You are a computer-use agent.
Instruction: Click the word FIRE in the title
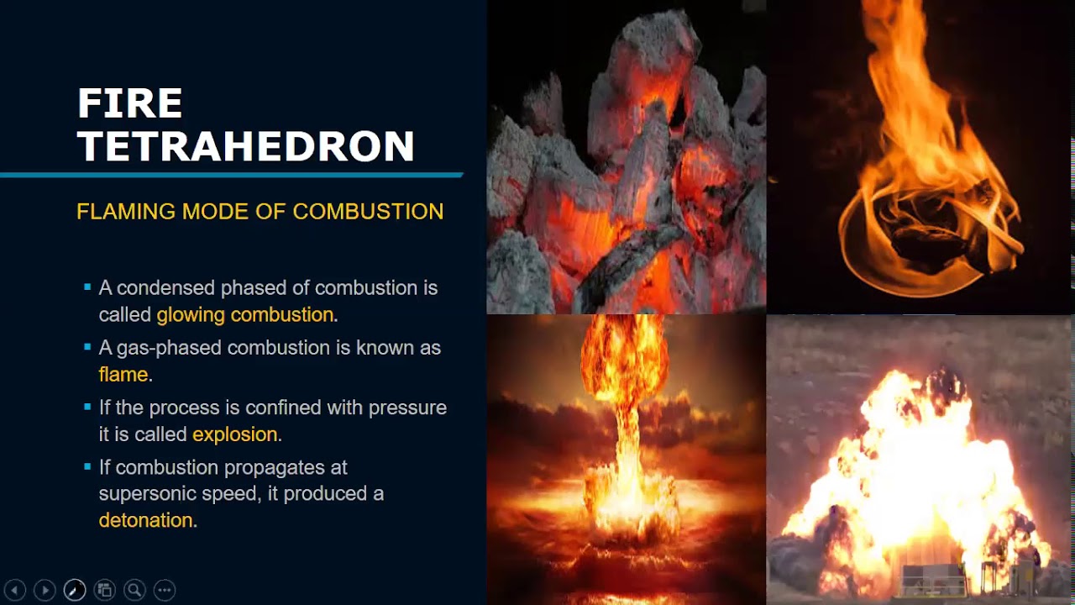130,104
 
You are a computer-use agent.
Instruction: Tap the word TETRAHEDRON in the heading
246,146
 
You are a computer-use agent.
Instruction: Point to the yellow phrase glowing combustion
245,315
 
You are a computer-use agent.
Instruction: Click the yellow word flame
123,375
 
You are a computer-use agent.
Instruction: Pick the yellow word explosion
235,434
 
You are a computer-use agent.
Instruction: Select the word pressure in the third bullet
406,408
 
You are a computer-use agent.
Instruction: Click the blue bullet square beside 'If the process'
87,408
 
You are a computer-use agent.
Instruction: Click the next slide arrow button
45,590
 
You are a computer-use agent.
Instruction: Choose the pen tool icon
75,590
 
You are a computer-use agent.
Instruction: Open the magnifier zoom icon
134,590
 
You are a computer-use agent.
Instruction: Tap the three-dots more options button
165,590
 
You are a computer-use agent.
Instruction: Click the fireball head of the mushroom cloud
624,357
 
